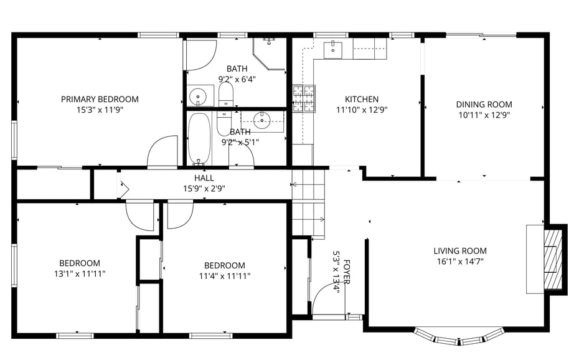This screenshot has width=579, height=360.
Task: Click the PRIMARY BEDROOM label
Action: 100,99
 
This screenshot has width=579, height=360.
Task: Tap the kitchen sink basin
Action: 333,50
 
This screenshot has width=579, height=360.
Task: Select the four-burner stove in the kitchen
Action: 304,98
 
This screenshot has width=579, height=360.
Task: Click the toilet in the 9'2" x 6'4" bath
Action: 225,95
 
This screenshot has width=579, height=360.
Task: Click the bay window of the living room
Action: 458,336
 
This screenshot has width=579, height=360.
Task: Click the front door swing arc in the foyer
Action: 326,298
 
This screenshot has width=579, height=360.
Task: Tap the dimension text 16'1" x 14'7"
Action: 459,262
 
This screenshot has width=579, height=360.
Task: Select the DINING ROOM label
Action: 484,105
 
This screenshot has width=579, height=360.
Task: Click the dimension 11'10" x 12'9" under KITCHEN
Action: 362,110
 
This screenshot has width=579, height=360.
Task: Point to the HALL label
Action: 204,178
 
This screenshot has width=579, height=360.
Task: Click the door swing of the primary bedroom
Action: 162,151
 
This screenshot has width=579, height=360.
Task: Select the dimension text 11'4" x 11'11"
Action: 225,276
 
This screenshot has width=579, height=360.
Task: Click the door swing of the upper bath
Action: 200,55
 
